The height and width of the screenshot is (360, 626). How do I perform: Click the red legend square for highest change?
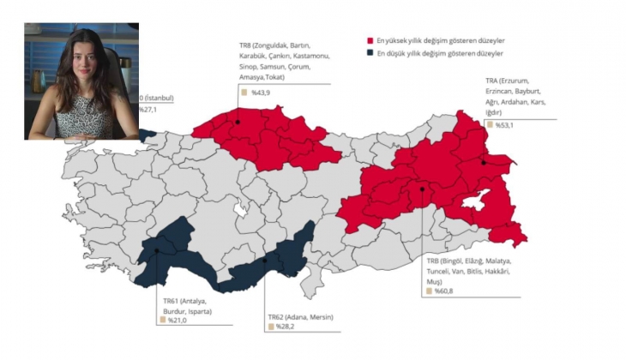tap(369, 40)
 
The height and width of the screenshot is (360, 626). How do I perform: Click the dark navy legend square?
tap(369, 53)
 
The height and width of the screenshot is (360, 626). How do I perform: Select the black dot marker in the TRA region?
tap(485, 162)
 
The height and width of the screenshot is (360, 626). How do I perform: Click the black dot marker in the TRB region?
tap(422, 189)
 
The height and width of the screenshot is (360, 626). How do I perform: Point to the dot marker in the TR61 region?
tap(158, 250)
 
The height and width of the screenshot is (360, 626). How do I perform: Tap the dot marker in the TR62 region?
tap(264, 261)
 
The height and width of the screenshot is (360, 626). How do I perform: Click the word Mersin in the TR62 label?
tap(319, 317)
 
